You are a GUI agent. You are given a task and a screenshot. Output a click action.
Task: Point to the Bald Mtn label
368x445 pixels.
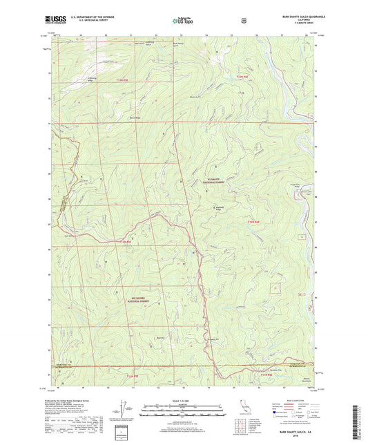click(160, 337)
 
